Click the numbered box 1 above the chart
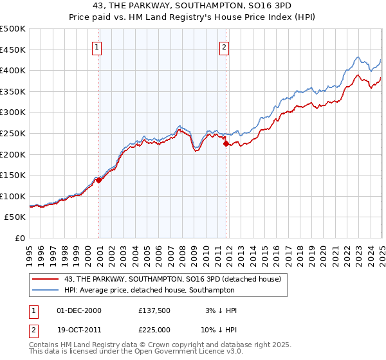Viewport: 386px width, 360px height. [96, 46]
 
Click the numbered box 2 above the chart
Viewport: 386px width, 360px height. [224, 46]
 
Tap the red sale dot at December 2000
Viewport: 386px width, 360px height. [99, 181]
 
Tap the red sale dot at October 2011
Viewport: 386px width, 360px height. [226, 144]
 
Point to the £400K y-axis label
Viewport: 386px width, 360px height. [13, 71]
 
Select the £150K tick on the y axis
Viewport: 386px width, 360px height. [13, 175]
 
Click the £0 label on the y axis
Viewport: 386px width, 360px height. [20, 238]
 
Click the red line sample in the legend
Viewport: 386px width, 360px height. [46, 279]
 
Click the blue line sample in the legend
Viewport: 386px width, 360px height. [46, 290]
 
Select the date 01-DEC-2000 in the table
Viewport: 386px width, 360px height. [79, 310]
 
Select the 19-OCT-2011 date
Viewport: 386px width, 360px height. [79, 332]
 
